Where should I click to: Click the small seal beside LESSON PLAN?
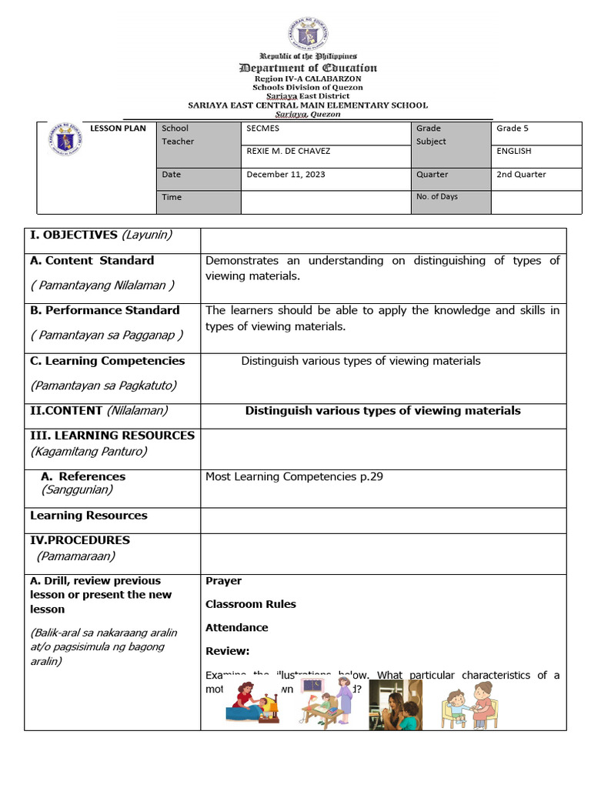pos(65,139)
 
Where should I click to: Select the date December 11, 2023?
pos(285,175)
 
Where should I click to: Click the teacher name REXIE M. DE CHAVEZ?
pos(288,152)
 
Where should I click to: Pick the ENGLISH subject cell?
pos(514,152)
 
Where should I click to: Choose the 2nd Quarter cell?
pos(521,175)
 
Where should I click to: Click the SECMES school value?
pos(263,129)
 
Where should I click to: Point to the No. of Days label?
pos(436,197)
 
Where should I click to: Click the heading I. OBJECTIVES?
pos(101,235)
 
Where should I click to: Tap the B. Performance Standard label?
pos(105,311)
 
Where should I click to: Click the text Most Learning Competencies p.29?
pos(294,477)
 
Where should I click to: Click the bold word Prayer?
pos(223,581)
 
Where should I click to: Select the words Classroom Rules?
pos(250,604)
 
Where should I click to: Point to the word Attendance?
pos(236,628)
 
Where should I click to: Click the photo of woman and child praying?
pos(396,705)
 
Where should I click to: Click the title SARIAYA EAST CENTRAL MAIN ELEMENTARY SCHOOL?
pos(308,105)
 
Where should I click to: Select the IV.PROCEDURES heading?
pos(80,540)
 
